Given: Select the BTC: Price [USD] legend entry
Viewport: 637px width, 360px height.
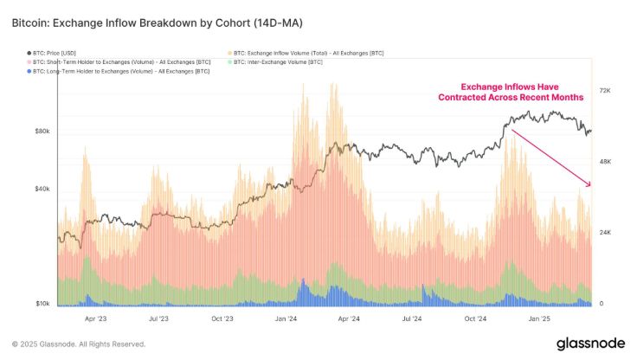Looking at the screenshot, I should click(61, 54).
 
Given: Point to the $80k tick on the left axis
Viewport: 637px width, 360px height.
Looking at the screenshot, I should click(42, 132).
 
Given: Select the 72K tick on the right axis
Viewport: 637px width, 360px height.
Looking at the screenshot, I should click(606, 90).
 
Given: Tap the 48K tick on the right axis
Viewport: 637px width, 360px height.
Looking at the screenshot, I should click(606, 162).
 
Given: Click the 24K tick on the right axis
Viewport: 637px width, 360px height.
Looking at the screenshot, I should click(606, 233).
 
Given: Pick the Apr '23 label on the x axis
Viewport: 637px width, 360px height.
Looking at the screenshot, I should click(95, 318).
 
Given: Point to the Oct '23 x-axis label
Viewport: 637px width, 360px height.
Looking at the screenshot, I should click(222, 318).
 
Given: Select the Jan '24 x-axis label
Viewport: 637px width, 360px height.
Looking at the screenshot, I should click(286, 318).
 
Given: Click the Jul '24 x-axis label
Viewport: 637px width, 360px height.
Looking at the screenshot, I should click(413, 318).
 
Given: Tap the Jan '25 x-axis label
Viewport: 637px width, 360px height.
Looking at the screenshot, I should click(540, 318).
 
